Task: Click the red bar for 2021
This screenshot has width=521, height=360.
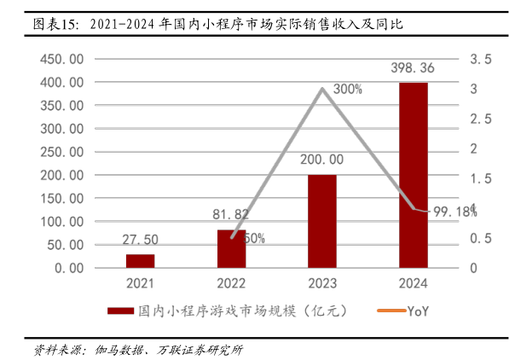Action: [141, 260]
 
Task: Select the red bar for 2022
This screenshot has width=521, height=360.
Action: [231, 248]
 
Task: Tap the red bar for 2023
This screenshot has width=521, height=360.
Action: [322, 221]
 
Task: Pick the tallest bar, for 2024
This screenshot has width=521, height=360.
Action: [413, 175]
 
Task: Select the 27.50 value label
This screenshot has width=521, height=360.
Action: [141, 241]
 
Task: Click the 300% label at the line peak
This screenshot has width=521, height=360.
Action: [348, 88]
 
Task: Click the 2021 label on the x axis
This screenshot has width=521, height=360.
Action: [141, 283]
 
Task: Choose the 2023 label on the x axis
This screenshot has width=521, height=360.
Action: [322, 283]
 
